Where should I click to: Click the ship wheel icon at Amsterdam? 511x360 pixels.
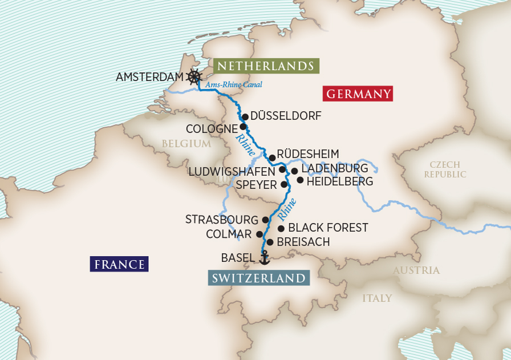(195, 77)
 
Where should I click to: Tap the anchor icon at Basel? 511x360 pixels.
(263, 258)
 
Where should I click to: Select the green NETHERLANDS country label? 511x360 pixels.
(266, 66)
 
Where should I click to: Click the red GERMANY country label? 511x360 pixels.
(358, 94)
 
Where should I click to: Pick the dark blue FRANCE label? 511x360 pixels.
(119, 264)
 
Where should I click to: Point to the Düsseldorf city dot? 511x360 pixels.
(245, 116)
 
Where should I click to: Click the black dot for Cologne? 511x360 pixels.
(243, 127)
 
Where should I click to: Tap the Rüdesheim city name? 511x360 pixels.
(308, 154)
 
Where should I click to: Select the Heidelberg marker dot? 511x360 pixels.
(300, 180)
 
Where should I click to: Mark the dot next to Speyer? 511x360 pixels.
(284, 185)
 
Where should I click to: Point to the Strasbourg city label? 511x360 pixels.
(222, 220)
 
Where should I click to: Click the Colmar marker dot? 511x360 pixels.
(259, 234)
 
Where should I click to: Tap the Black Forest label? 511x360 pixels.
(328, 228)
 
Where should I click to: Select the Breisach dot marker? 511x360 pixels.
(270, 242)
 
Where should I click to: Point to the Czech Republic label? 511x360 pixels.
(445, 169)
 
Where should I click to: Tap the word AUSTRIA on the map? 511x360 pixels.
(416, 270)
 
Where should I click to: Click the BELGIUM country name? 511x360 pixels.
(186, 144)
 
